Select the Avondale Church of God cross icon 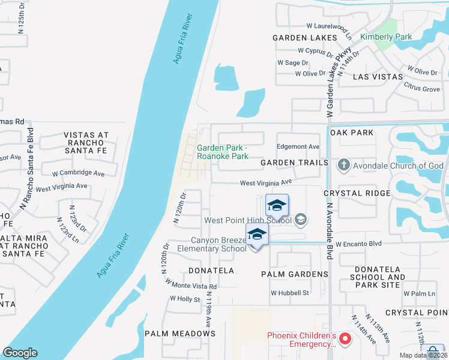click(x=344, y=165)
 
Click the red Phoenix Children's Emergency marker click(x=345, y=340)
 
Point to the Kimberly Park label click(x=386, y=37)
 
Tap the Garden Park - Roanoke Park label click(x=223, y=152)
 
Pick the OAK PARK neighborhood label click(x=352, y=133)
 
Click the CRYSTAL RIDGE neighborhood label click(x=357, y=193)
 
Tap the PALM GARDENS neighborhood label click(x=294, y=274)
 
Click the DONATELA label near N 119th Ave click(x=211, y=271)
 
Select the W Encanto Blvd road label click(x=358, y=244)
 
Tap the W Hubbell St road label click(x=289, y=293)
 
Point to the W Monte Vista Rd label click(x=190, y=284)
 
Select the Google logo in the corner click(x=20, y=353)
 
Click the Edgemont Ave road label click(x=298, y=146)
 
